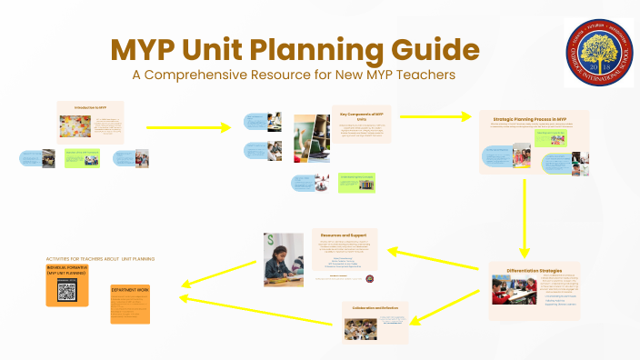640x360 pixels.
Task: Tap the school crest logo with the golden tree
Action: click(598, 51)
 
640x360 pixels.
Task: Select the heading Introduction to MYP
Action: click(90, 107)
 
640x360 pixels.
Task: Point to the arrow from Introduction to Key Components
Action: click(186, 126)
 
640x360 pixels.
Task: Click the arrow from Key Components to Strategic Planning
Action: click(432, 116)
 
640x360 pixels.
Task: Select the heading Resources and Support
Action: click(345, 234)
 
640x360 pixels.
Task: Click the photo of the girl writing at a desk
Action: click(285, 260)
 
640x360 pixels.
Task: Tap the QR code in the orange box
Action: click(67, 291)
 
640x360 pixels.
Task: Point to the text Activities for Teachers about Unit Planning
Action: click(100, 259)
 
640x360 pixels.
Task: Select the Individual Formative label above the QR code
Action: click(67, 270)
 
